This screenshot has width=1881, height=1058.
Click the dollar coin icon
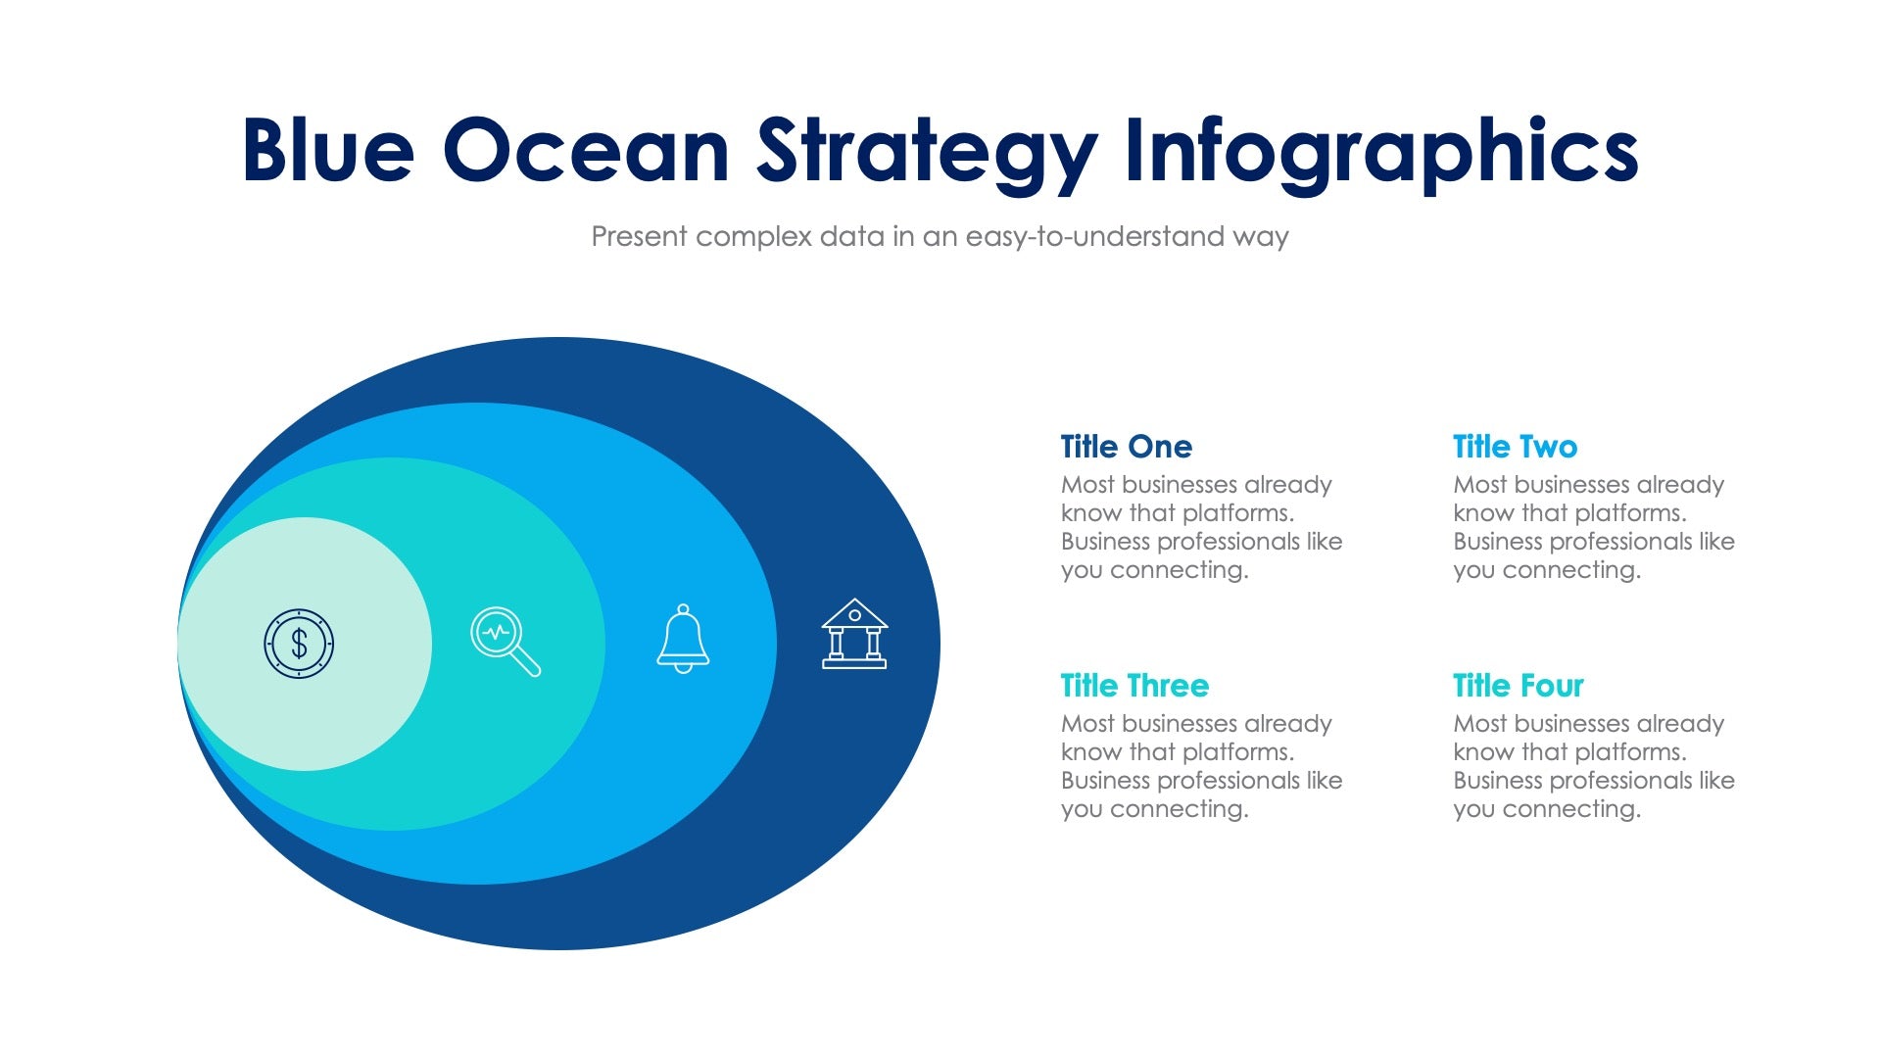pos(299,644)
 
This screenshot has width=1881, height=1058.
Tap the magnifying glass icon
pos(504,641)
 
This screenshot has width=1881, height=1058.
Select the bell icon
pos(683,639)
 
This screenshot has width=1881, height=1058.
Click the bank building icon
pos(854,635)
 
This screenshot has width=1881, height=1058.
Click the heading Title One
pos(1126,447)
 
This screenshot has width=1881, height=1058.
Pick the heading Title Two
pos(1515,447)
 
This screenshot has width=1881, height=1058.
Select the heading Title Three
pos(1134,686)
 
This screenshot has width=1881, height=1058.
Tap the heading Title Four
pos(1518,686)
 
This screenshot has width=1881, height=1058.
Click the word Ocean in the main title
pos(586,151)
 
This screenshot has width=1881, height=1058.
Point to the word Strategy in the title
pos(927,153)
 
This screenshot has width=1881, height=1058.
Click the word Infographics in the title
pos(1381,153)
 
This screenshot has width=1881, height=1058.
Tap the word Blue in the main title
pos(328,151)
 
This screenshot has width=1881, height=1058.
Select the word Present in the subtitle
pos(639,237)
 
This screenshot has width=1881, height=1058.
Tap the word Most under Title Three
pos(1087,724)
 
